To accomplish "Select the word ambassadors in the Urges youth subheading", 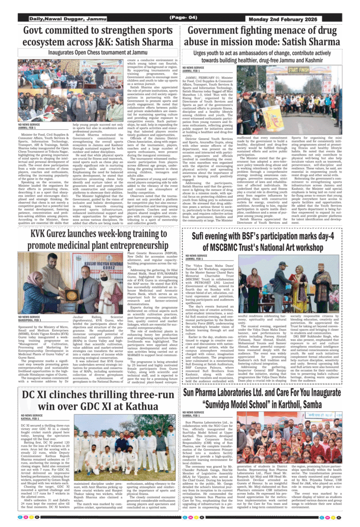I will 254,52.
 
